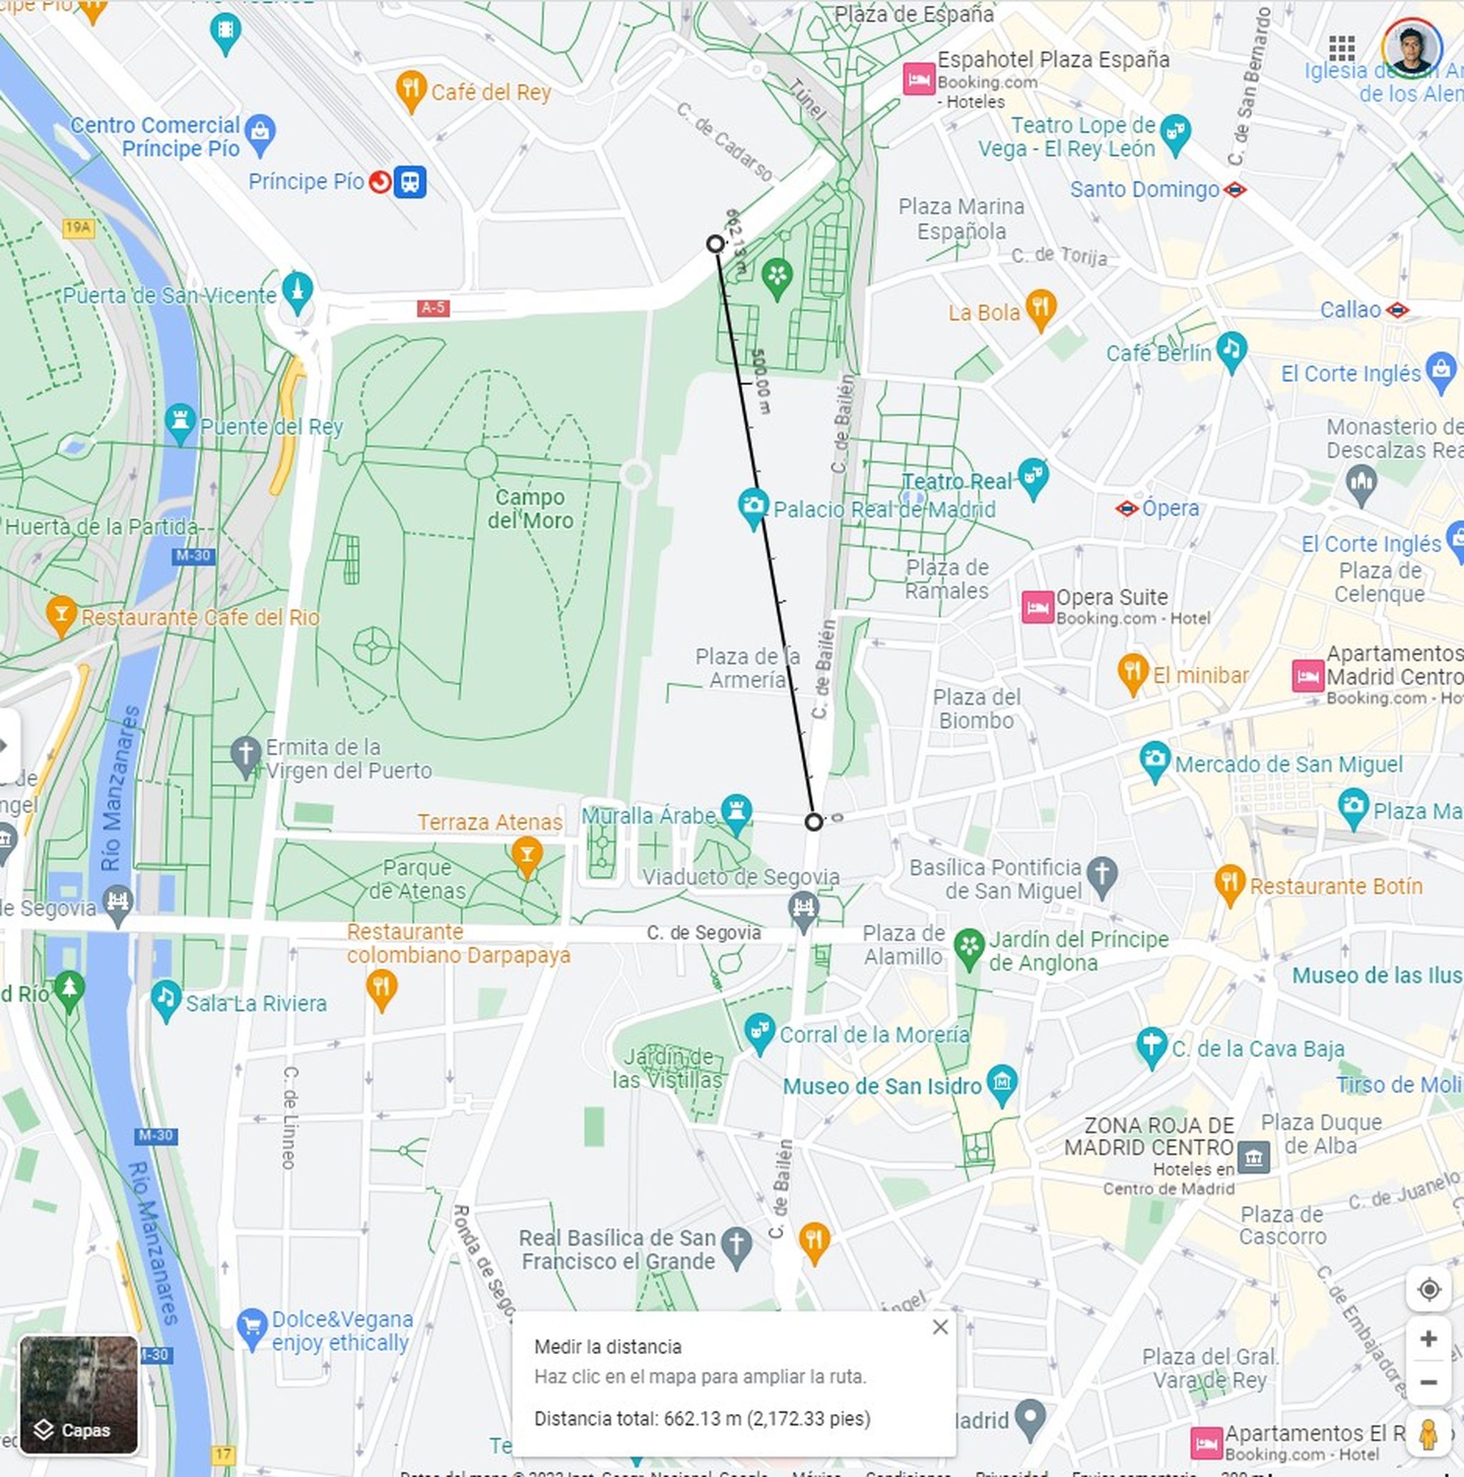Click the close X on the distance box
tap(940, 1326)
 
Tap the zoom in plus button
tap(1428, 1339)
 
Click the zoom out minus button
tap(1428, 1382)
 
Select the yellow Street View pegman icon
tap(1428, 1434)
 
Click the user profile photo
tap(1411, 47)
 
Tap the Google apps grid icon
tap(1342, 47)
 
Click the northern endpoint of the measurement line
tap(715, 244)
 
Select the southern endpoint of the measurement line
tap(813, 822)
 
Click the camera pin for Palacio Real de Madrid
tap(753, 506)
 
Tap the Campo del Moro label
tap(530, 509)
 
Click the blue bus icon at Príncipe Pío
tap(410, 182)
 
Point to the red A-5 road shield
tap(433, 308)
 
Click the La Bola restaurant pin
tap(1041, 308)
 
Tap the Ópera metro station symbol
tap(1127, 509)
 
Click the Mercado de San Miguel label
tap(1288, 764)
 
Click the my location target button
tap(1428, 1289)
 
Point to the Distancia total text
tap(701, 1418)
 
